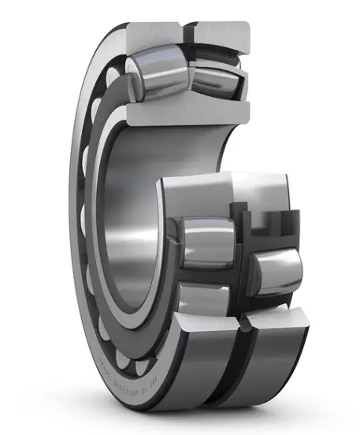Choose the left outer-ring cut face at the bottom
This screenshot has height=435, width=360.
[197, 331]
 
